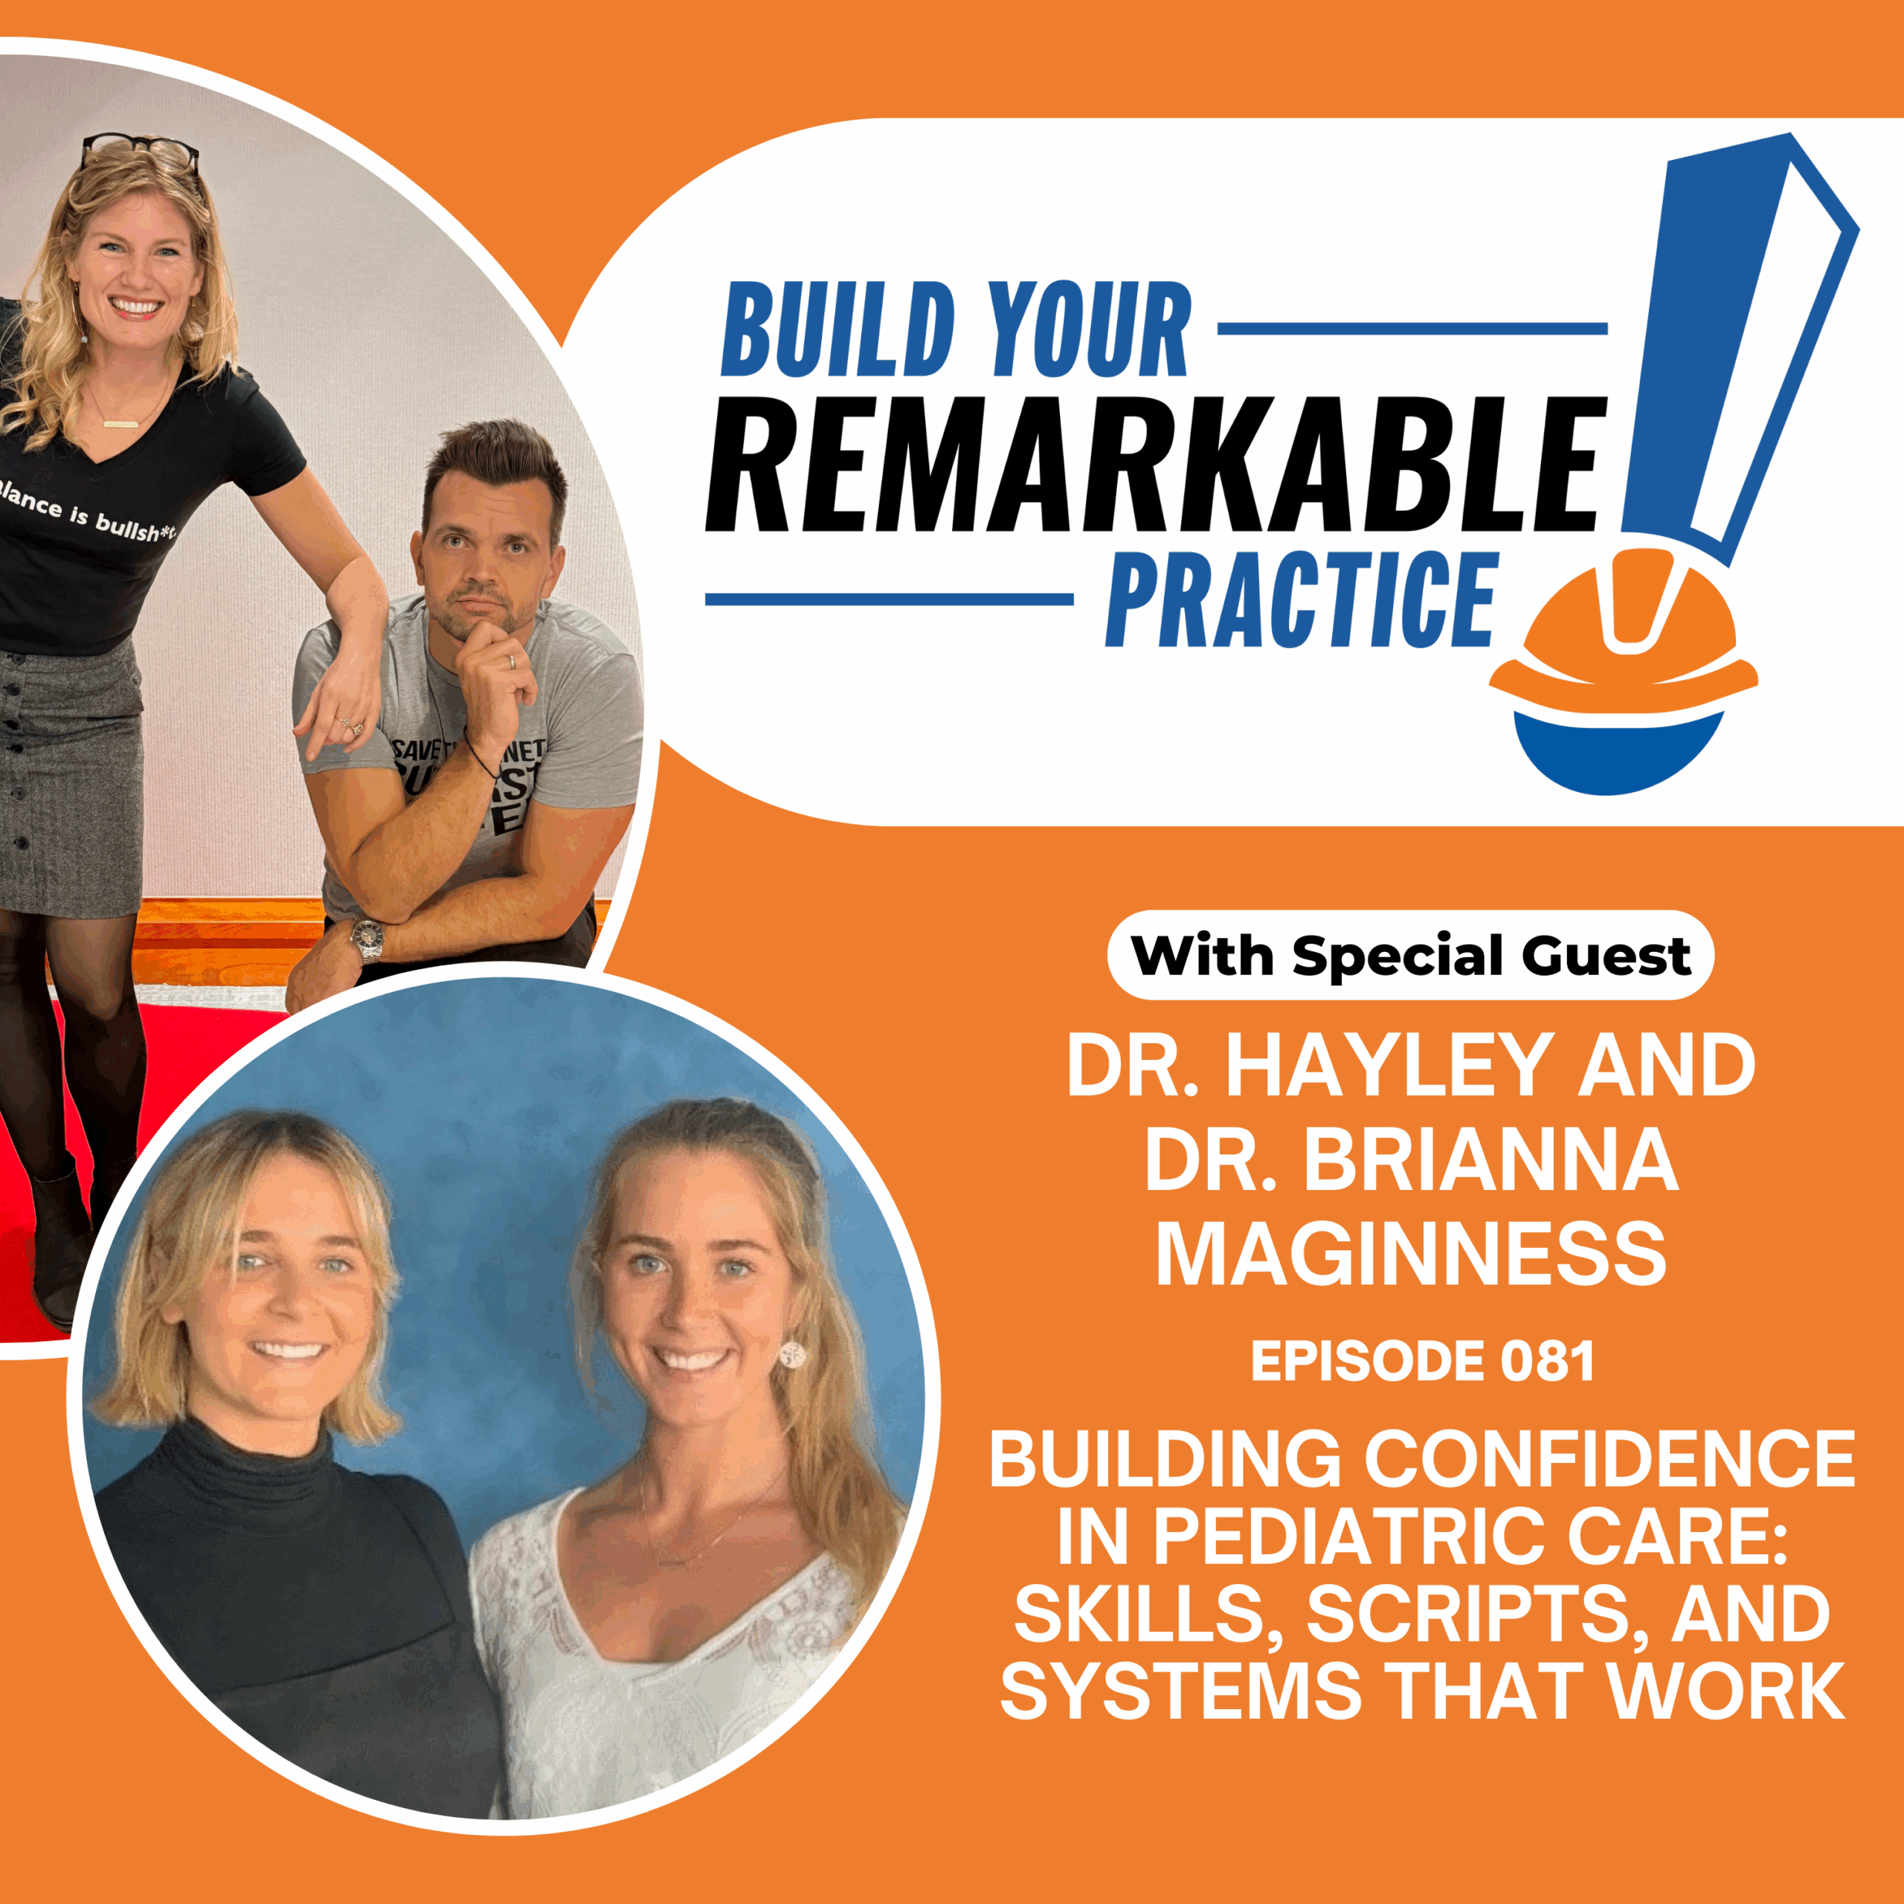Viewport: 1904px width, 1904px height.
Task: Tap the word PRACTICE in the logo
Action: coord(1301,600)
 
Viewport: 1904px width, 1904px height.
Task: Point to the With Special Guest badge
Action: coord(1410,955)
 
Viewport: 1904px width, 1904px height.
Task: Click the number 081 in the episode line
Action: coord(1547,1362)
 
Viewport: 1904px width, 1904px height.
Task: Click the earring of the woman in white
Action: coord(792,1354)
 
